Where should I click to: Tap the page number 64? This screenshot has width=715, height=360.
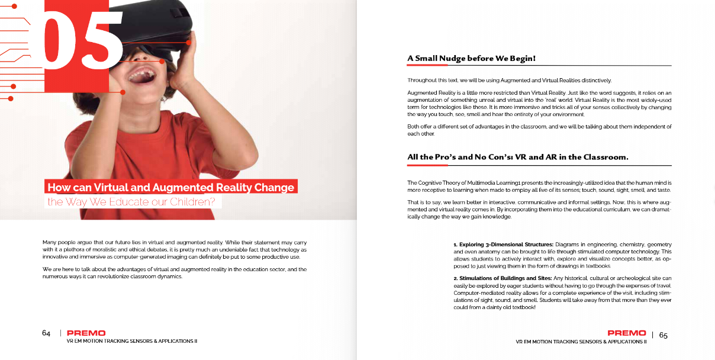(x=46, y=333)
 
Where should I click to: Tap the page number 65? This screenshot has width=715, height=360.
(x=663, y=335)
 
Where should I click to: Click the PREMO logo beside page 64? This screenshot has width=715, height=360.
(x=86, y=333)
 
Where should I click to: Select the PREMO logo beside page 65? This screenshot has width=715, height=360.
(x=627, y=333)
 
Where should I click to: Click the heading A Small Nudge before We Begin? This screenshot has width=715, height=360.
(x=471, y=59)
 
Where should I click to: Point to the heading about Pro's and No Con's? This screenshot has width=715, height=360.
(x=517, y=157)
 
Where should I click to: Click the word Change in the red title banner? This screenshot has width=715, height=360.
(x=274, y=188)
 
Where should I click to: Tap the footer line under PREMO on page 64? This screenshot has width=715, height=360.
(x=132, y=342)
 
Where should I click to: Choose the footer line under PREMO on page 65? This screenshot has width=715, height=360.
(x=581, y=342)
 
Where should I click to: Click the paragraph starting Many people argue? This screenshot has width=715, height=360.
(x=175, y=250)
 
